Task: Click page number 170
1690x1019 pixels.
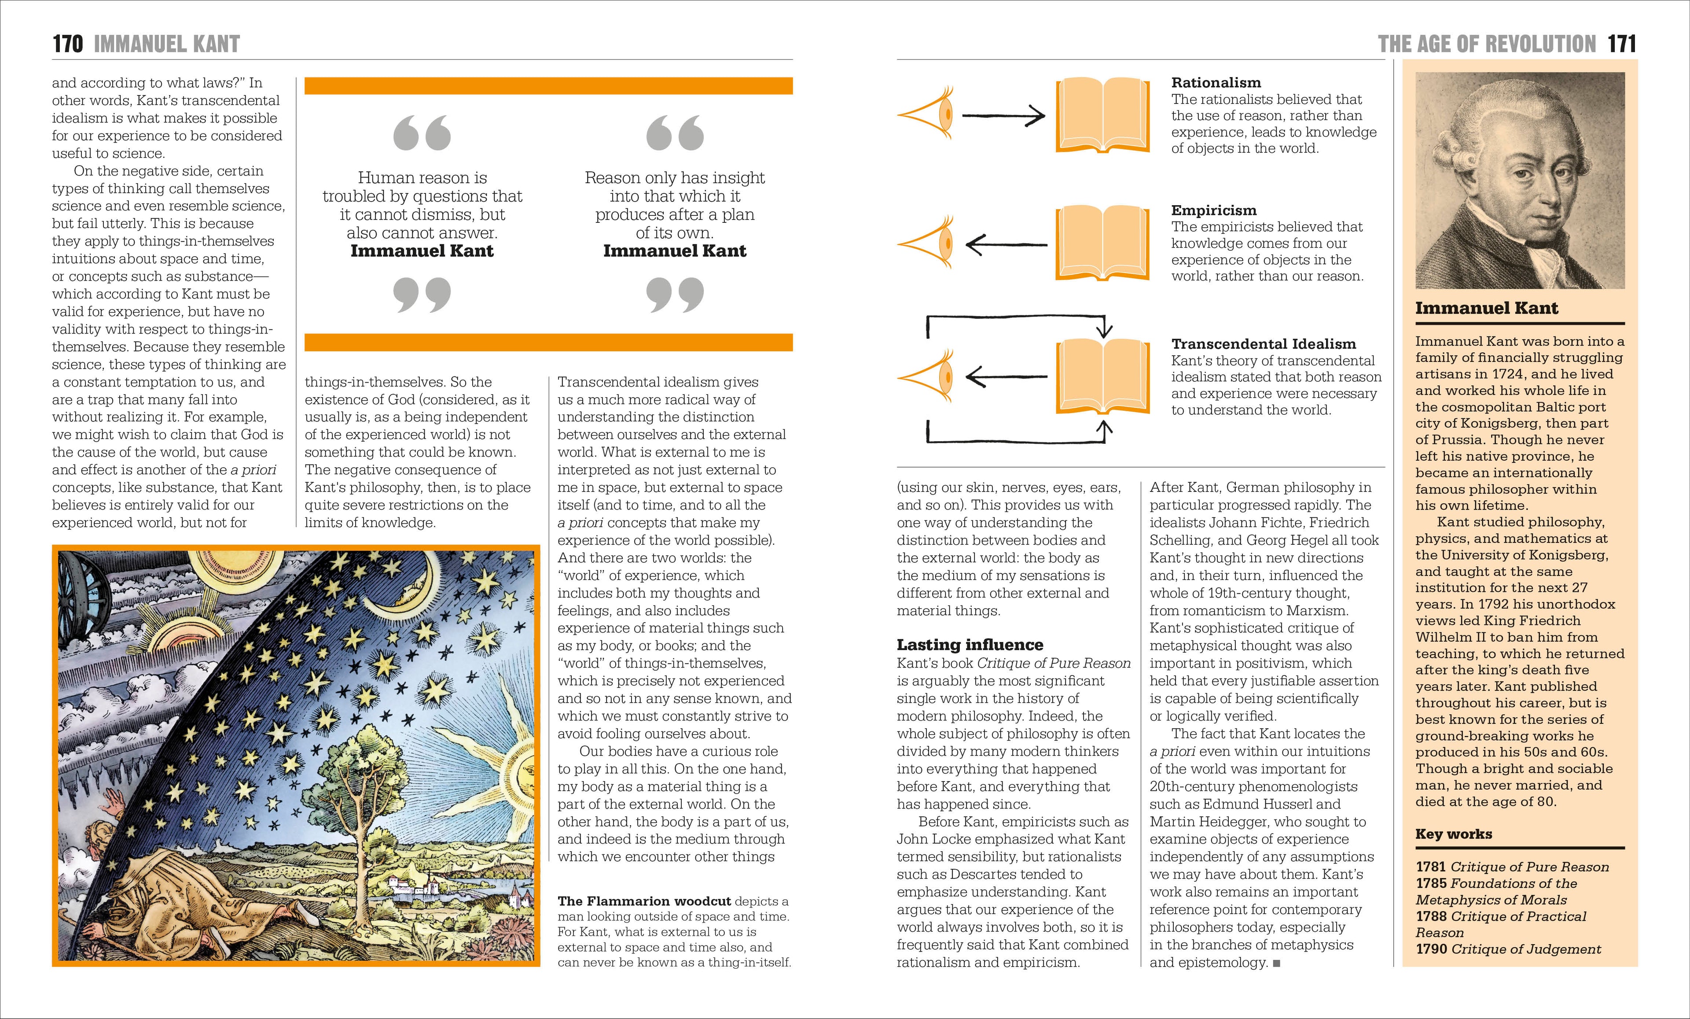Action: coord(67,44)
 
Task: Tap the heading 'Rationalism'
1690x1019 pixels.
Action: coord(1216,82)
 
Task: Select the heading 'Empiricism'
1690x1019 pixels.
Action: coord(1213,210)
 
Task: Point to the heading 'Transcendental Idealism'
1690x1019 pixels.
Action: coord(1264,344)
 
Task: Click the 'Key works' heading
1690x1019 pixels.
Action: coord(1453,834)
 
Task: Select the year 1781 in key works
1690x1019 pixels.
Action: coord(1431,867)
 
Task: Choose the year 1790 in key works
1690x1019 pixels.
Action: coord(1431,949)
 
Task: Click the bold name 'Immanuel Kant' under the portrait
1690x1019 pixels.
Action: coord(1486,308)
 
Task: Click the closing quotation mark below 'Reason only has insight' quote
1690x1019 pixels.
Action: coord(675,294)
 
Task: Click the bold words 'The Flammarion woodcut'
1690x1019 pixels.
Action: coord(643,901)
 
